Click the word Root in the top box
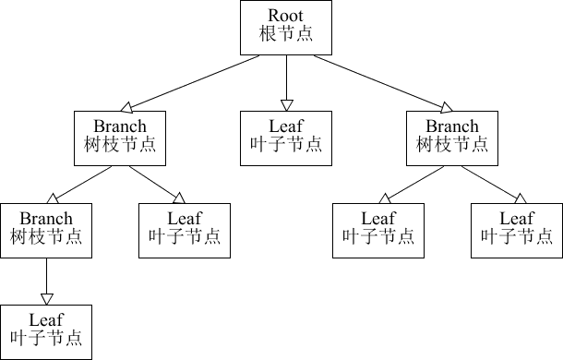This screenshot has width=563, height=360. coord(285,16)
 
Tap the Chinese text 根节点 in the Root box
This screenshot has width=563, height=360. coord(285,34)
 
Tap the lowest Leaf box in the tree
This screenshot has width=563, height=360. coord(46,331)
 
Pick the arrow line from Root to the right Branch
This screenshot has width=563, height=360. coord(369,79)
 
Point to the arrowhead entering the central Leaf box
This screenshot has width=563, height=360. coord(286,104)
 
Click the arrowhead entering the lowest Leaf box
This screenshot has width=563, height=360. coord(46,297)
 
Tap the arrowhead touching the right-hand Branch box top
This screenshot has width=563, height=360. coord(448,106)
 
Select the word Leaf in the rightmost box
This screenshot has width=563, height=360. coord(517,219)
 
